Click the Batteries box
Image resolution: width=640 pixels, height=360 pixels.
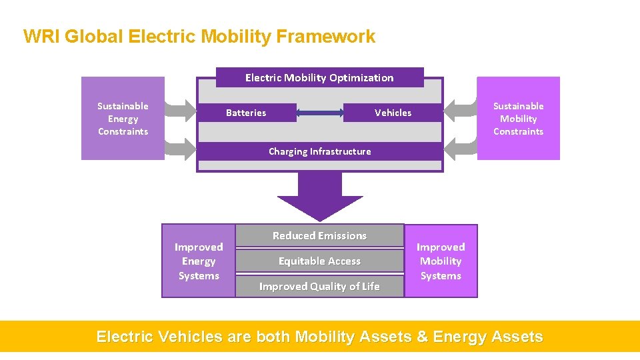pos(246,113)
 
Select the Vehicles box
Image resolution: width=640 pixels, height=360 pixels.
pos(393,113)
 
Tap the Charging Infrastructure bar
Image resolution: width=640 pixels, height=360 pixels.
pos(319,151)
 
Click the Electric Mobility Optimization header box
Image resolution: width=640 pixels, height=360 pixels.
pos(319,77)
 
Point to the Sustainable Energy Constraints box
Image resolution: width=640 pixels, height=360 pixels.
pos(123,119)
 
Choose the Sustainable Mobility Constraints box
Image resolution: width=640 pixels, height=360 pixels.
pos(518,119)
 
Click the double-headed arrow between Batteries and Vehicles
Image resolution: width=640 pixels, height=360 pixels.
pos(319,113)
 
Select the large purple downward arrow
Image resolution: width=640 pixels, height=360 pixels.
pos(320,195)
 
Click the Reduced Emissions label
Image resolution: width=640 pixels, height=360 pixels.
pos(319,235)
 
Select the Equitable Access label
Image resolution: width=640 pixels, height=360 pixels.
pos(319,261)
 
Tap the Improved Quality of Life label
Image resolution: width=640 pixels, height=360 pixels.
pos(319,286)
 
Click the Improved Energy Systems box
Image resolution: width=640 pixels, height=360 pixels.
pos(199,261)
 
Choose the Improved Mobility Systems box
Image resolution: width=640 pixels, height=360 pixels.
pos(441,261)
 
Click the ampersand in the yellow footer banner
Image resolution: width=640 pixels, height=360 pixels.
pos(422,337)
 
